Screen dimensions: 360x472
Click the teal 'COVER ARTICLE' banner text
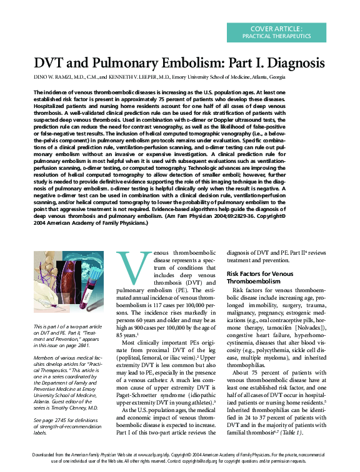click(276, 29)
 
